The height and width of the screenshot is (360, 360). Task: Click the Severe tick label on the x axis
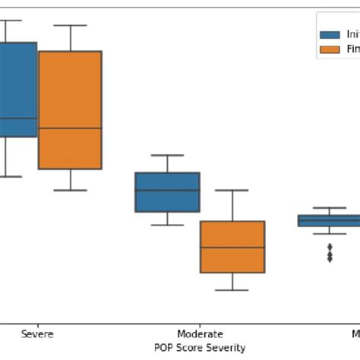pos(37,334)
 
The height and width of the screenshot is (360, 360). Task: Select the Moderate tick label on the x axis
pos(200,334)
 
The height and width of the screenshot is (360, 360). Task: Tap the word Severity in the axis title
pos(225,347)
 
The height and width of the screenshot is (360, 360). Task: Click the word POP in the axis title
pos(163,347)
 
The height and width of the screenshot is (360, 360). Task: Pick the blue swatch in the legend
pos(330,35)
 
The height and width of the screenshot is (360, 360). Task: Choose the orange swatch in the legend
pos(330,49)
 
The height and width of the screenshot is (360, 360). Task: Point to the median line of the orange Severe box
pos(70,128)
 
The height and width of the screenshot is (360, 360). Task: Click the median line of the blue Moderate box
pos(167,190)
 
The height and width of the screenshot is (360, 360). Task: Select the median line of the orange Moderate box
pos(232,248)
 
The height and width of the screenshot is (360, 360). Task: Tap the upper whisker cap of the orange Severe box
pos(70,25)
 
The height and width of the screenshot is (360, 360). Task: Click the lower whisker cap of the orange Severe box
pos(70,190)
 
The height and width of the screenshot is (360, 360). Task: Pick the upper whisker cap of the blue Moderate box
pos(167,155)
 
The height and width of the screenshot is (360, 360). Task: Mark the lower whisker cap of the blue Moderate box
pos(167,225)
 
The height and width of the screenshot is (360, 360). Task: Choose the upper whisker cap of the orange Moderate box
pos(232,190)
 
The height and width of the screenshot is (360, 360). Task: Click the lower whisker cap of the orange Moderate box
pos(232,290)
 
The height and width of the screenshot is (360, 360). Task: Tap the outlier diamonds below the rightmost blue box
pos(330,253)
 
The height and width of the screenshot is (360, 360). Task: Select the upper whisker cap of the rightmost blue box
pos(330,207)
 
